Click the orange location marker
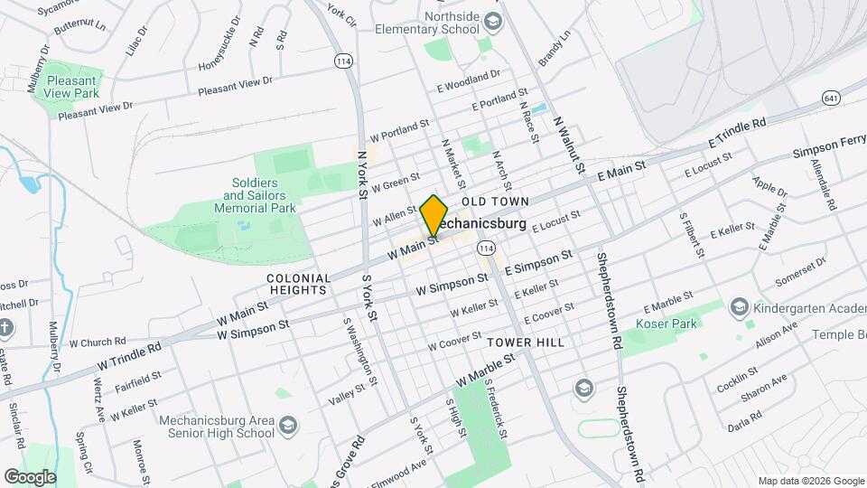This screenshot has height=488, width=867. coord(433,216)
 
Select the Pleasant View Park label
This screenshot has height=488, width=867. coord(72,86)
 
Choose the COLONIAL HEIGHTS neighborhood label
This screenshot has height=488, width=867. coord(297,284)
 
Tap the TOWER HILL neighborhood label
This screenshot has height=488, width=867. coord(525,343)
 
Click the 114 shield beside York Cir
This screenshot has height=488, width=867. coord(342,61)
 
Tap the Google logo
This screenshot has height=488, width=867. coord(30,476)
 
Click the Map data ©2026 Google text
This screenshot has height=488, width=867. coord(810,481)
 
